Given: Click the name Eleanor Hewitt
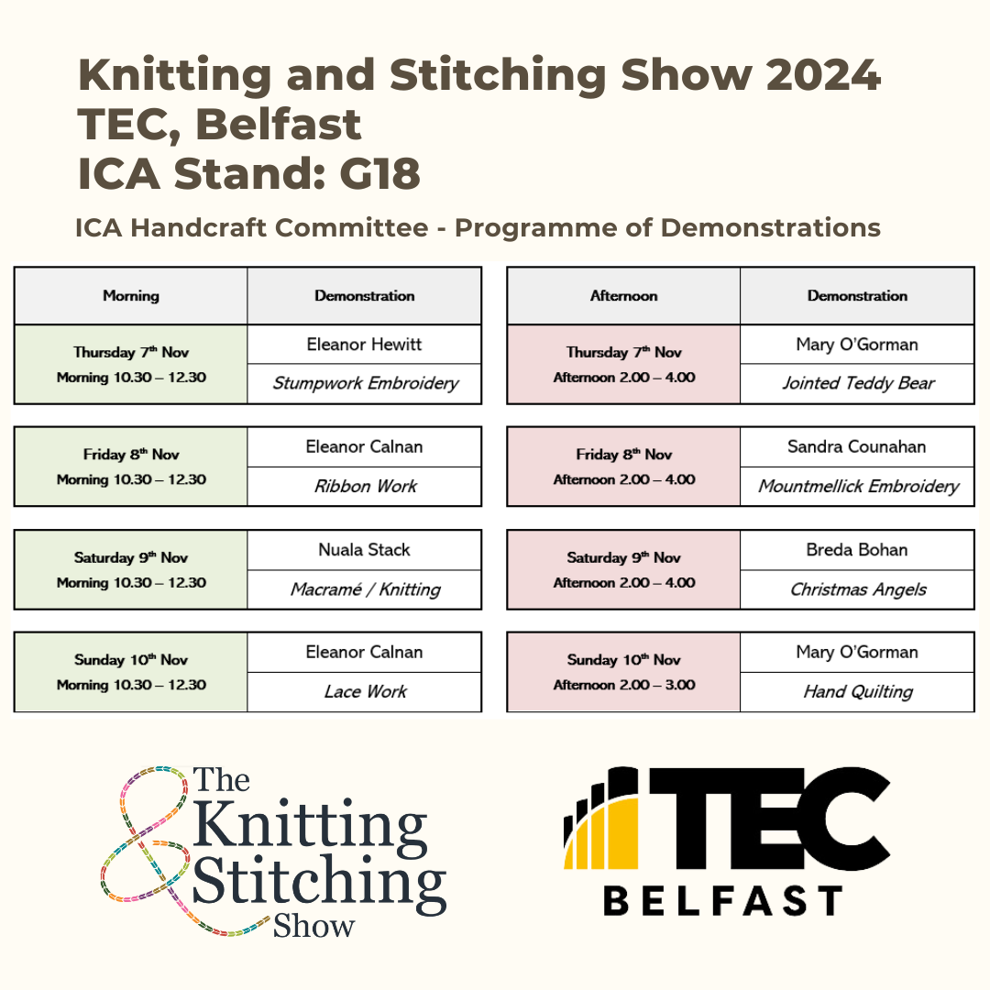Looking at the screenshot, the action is [364, 344].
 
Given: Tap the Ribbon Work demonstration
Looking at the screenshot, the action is [366, 486].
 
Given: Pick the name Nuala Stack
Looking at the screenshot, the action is [364, 549].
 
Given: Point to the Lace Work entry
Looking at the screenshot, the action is [366, 691].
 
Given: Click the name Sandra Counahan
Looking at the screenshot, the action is [857, 446].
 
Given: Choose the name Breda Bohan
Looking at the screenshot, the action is [857, 549].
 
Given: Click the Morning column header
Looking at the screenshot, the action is [131, 295].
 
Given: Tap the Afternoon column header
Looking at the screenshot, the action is [624, 295].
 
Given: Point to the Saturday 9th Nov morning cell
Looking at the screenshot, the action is [131, 569].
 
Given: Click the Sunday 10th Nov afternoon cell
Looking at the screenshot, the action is [624, 672].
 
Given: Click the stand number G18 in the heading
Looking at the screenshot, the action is [379, 173].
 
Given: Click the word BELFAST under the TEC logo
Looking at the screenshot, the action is [723, 900].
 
